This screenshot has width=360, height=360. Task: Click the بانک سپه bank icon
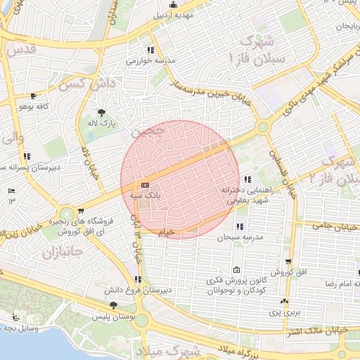145,185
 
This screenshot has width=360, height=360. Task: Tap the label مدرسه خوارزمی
149,61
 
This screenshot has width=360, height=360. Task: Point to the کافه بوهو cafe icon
33,96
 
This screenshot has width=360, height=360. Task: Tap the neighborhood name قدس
21,50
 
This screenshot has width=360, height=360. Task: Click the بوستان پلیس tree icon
114,305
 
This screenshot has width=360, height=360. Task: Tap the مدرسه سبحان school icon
240,227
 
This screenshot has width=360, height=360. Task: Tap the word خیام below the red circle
167,231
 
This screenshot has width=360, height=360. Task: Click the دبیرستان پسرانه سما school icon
27,156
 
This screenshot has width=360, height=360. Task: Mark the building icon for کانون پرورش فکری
236,271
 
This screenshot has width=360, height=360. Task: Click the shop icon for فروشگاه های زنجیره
81,211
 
